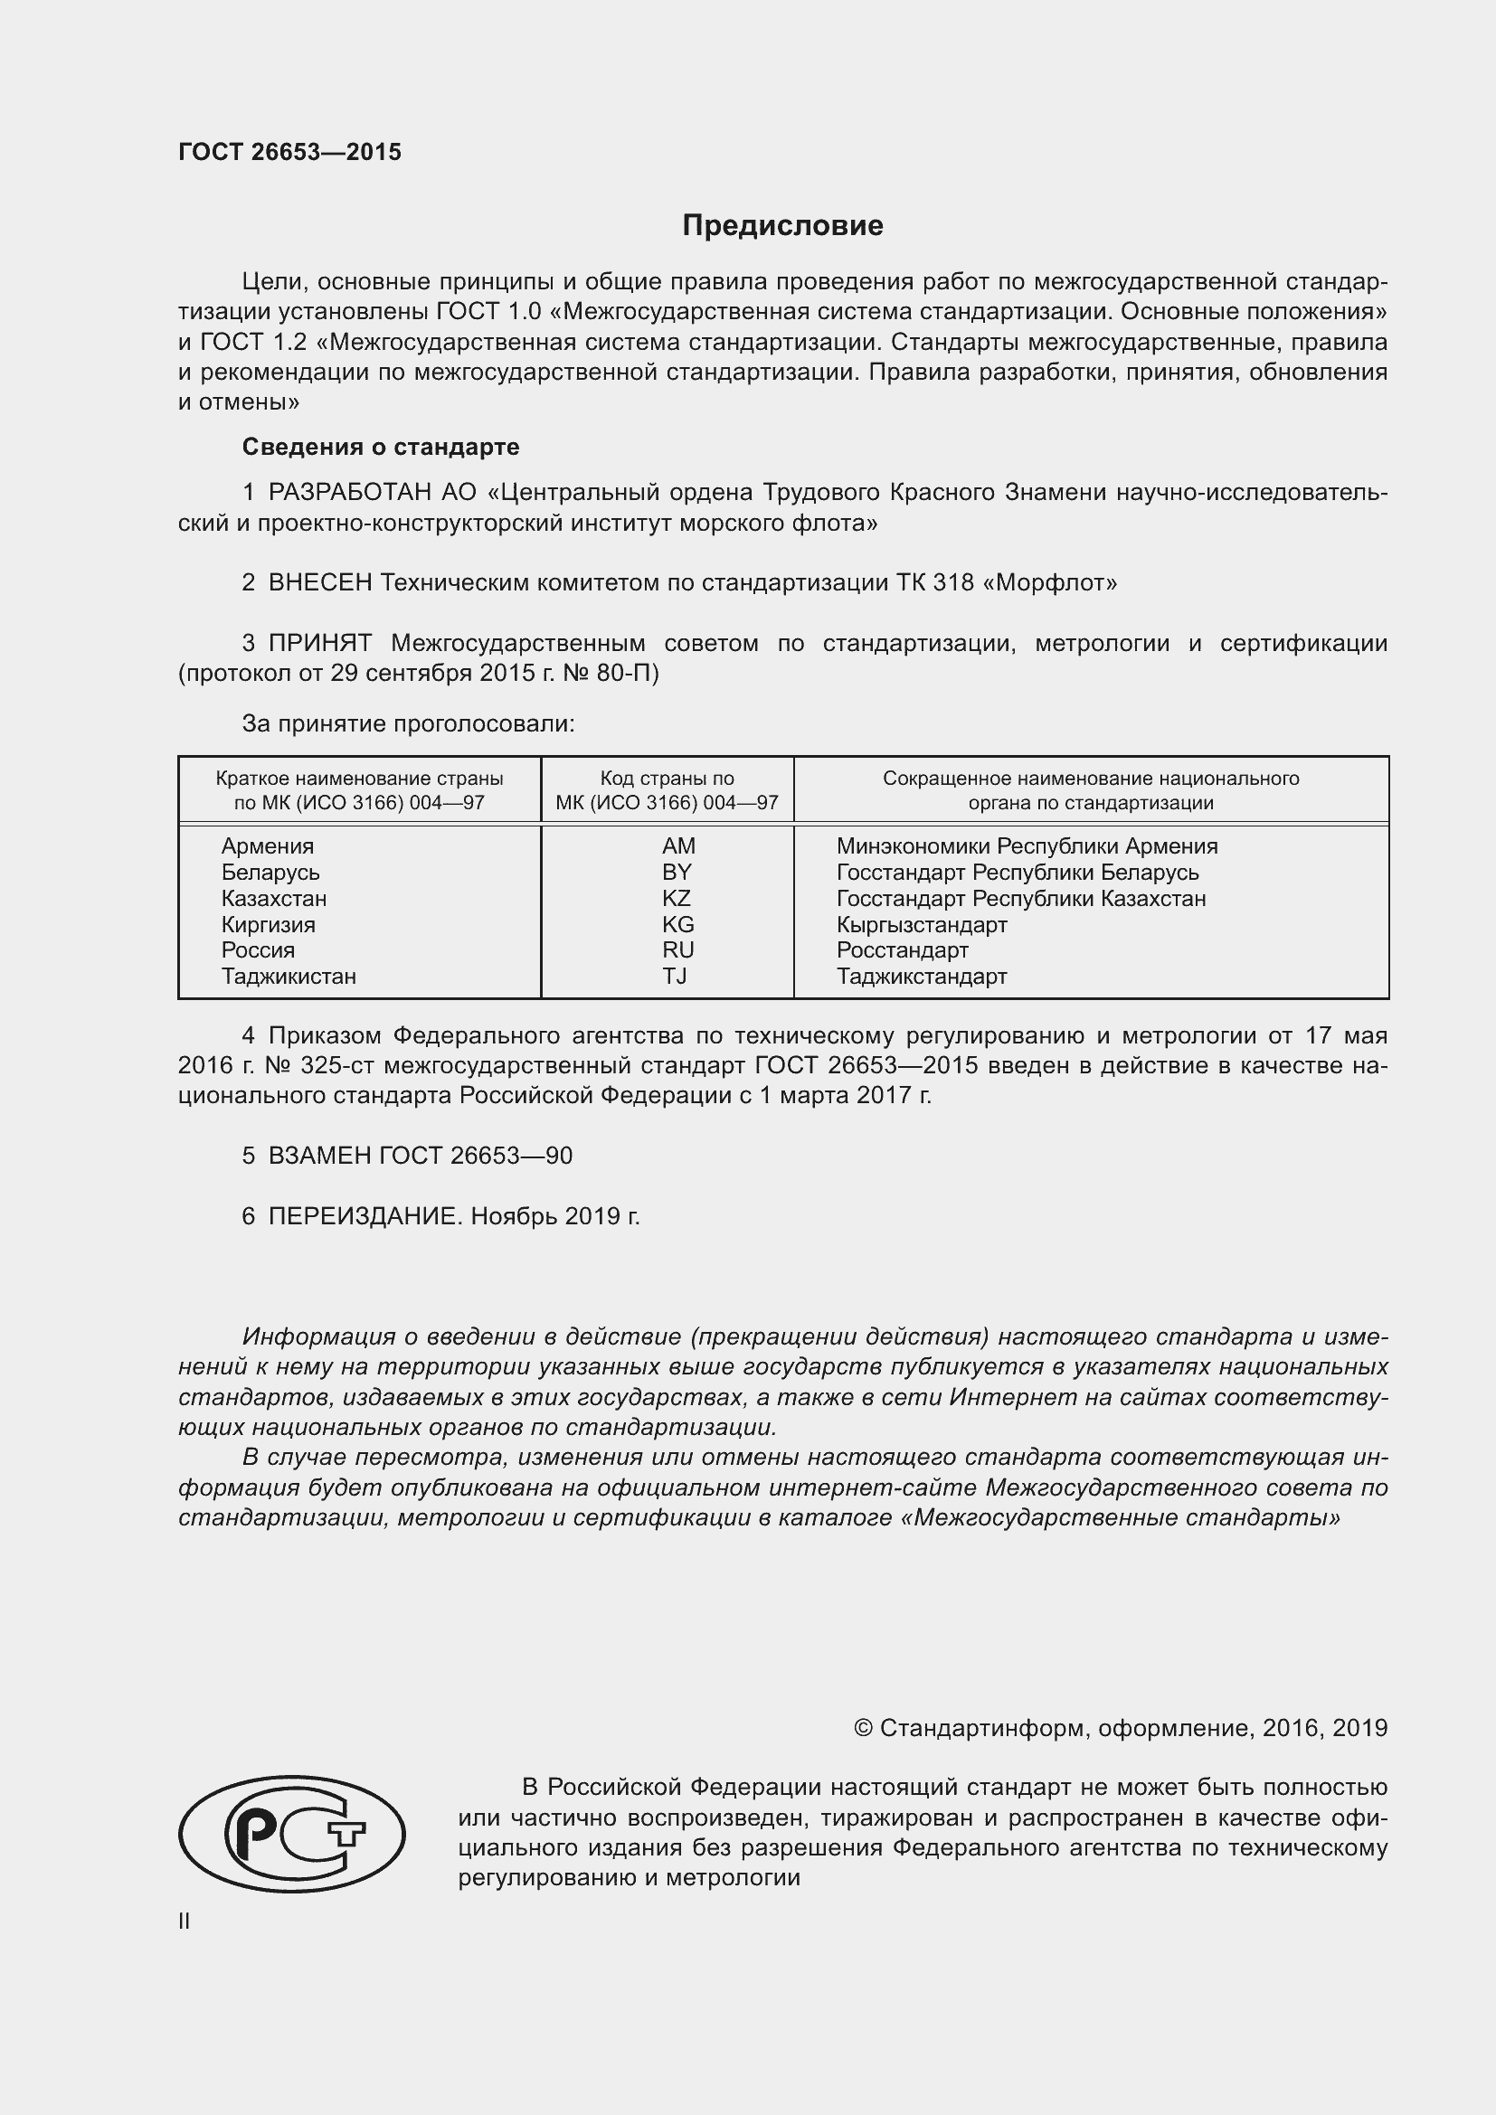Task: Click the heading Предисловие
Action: pyautogui.click(x=782, y=226)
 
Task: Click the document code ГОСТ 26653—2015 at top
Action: pyautogui.click(x=290, y=153)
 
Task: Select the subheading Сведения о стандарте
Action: pyautogui.click(x=381, y=447)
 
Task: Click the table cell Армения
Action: pyautogui.click(x=267, y=845)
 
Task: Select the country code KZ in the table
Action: pyautogui.click(x=677, y=898)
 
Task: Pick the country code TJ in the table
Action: pyautogui.click(x=675, y=976)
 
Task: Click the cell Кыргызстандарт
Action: pyautogui.click(x=921, y=924)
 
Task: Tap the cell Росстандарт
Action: pyautogui.click(x=902, y=949)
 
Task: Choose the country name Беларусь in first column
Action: pyautogui.click(x=270, y=872)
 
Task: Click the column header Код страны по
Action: pyautogui.click(x=667, y=779)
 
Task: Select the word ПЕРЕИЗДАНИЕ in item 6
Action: pyautogui.click(x=363, y=1217)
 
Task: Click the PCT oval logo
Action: pyautogui.click(x=291, y=1834)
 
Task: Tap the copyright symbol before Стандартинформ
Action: pyautogui.click(x=862, y=1728)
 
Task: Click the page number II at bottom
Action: pyautogui.click(x=185, y=1921)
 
